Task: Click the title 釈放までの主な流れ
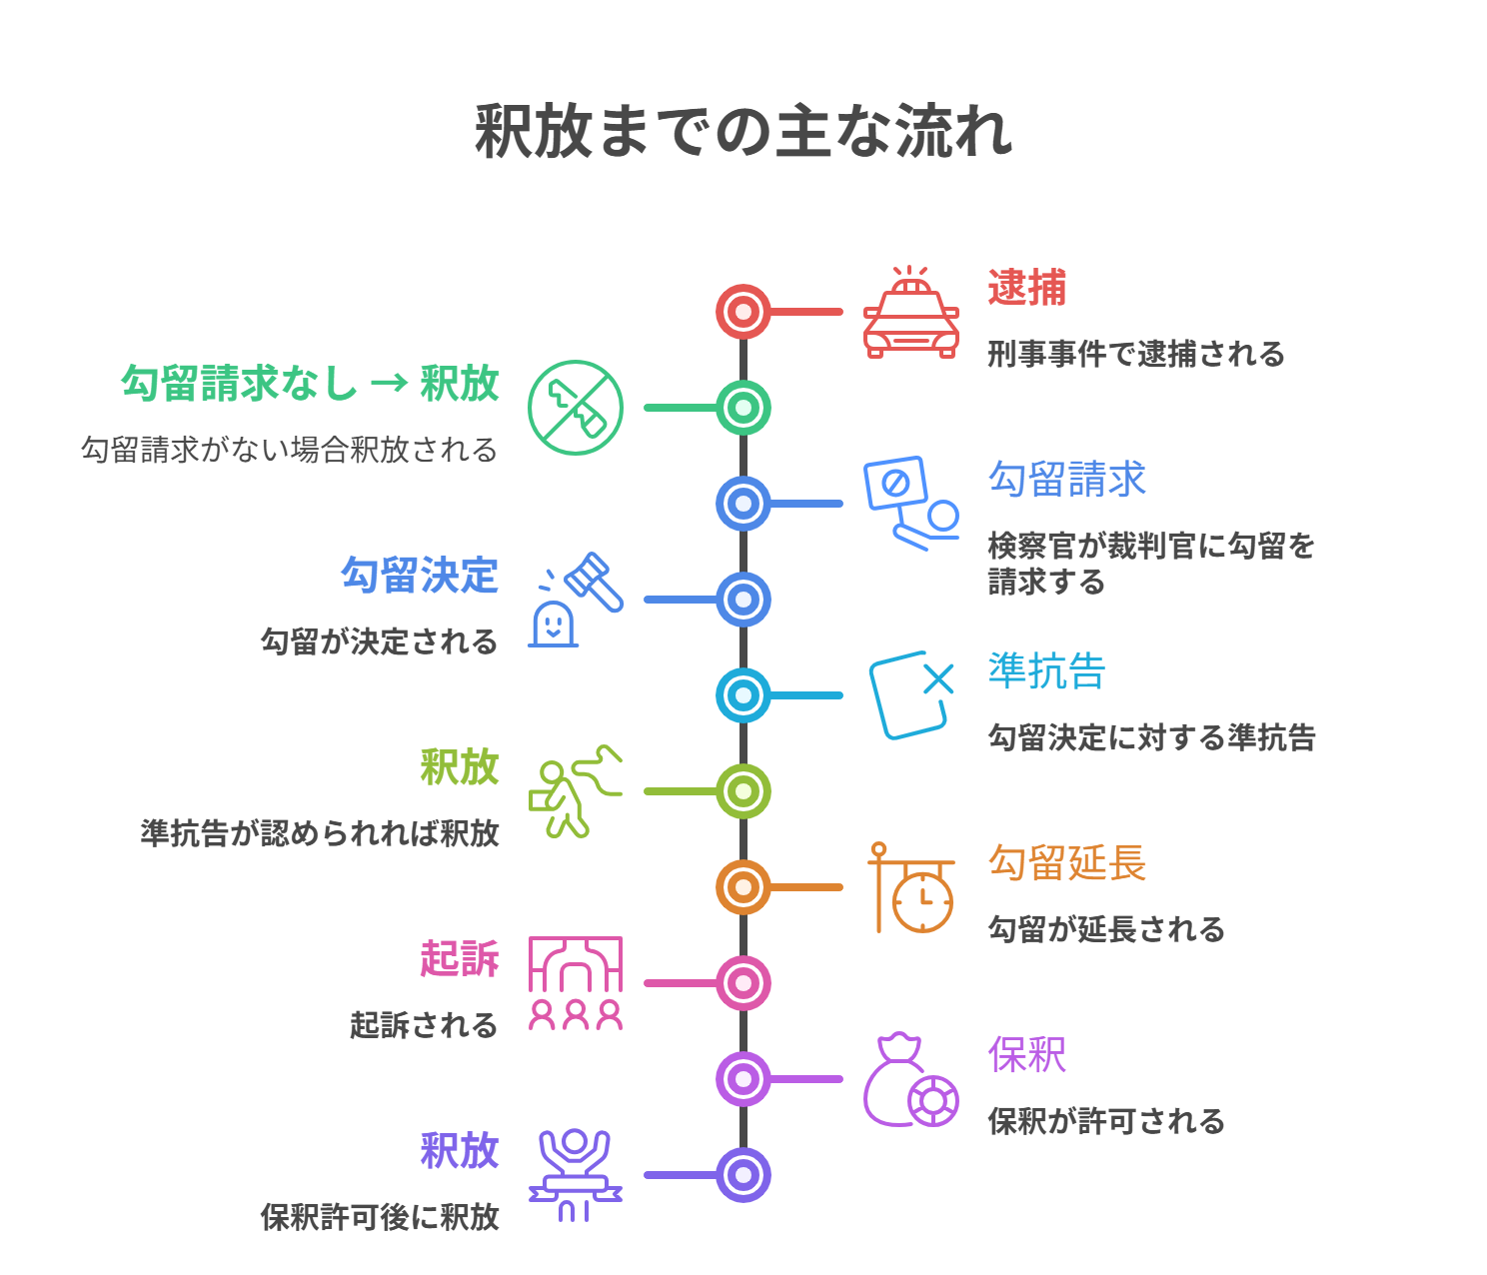743,132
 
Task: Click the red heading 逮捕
1026,288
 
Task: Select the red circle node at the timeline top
743,312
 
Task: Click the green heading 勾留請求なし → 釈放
310,384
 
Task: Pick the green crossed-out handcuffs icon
575,408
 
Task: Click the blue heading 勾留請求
1066,480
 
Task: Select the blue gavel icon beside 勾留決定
577,600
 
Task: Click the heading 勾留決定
420,576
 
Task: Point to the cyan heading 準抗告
1046,671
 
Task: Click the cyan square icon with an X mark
909,695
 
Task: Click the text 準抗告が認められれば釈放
320,833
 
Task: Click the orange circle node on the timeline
743,887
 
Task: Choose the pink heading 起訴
459,959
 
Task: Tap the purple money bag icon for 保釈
909,1080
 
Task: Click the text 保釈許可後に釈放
380,1217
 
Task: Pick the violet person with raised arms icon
575,1174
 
